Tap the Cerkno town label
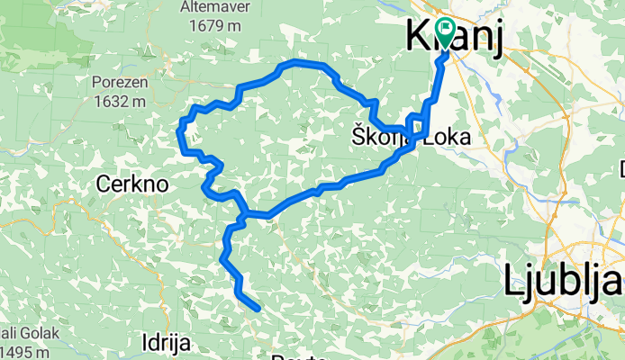point(132,184)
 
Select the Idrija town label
point(167,341)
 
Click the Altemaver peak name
point(215,7)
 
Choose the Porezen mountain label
point(119,83)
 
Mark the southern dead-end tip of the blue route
point(258,309)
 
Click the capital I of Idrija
point(146,341)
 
